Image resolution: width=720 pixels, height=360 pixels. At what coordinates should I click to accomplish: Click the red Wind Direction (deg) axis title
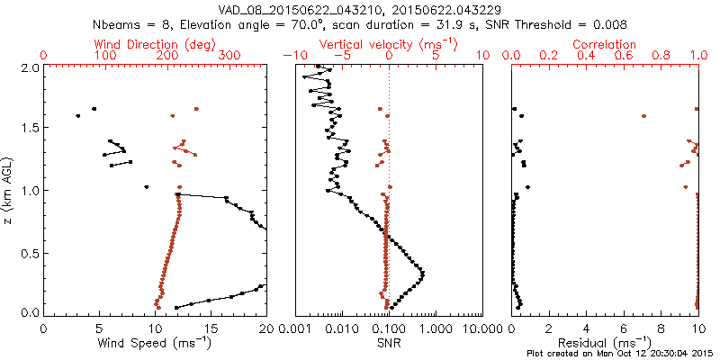[156, 44]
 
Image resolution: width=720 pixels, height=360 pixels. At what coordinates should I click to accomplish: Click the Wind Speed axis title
[156, 342]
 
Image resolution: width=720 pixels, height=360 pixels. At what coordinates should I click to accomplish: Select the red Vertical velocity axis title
[389, 44]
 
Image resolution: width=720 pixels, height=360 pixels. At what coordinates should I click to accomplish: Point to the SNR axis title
[389, 342]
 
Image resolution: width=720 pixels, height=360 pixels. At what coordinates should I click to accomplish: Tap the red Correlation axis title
[605, 44]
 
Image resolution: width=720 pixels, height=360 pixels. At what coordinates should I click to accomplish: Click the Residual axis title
[605, 342]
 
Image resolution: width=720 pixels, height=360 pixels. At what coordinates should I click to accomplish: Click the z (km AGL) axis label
[8, 189]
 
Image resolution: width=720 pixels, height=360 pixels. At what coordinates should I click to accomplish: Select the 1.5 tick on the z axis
[31, 129]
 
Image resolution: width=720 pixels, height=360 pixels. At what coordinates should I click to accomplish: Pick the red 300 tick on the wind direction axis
[229, 56]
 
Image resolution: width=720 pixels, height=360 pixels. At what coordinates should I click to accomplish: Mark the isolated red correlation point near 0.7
[643, 116]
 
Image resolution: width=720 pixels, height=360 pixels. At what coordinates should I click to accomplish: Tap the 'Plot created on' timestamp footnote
[620, 354]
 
